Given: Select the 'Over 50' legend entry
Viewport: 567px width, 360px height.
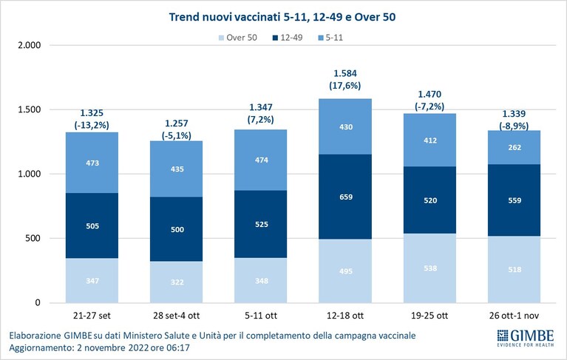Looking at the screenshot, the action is tap(238, 38).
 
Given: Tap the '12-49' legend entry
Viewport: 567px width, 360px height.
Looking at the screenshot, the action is tap(288, 38).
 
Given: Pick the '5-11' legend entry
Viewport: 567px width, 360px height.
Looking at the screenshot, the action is tap(330, 38).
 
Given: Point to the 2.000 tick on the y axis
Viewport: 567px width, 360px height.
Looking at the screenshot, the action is tap(30, 46).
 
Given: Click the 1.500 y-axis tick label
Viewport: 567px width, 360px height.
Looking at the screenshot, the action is tap(30, 110).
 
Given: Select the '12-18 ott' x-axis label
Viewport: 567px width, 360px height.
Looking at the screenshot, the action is tap(345, 316).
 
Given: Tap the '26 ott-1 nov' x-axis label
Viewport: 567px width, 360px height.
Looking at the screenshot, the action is tap(514, 316).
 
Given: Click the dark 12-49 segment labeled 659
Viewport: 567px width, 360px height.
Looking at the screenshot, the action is tap(345, 197).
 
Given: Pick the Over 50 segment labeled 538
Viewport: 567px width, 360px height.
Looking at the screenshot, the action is tap(430, 268).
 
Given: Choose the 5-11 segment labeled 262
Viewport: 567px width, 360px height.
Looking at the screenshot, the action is tap(515, 147).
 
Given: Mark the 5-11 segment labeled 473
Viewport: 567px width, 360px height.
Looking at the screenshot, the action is tap(92, 163).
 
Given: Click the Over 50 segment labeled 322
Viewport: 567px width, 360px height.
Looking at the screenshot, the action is tap(177, 282).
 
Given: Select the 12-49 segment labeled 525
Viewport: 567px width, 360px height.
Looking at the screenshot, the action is tap(261, 224).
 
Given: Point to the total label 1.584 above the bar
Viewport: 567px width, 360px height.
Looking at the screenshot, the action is tap(345, 73).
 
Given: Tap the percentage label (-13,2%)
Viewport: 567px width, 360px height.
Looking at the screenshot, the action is tap(92, 126).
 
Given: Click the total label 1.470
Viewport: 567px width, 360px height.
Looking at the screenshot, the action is tap(430, 95).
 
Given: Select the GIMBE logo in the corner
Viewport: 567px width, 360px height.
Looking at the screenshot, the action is tap(526, 338).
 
